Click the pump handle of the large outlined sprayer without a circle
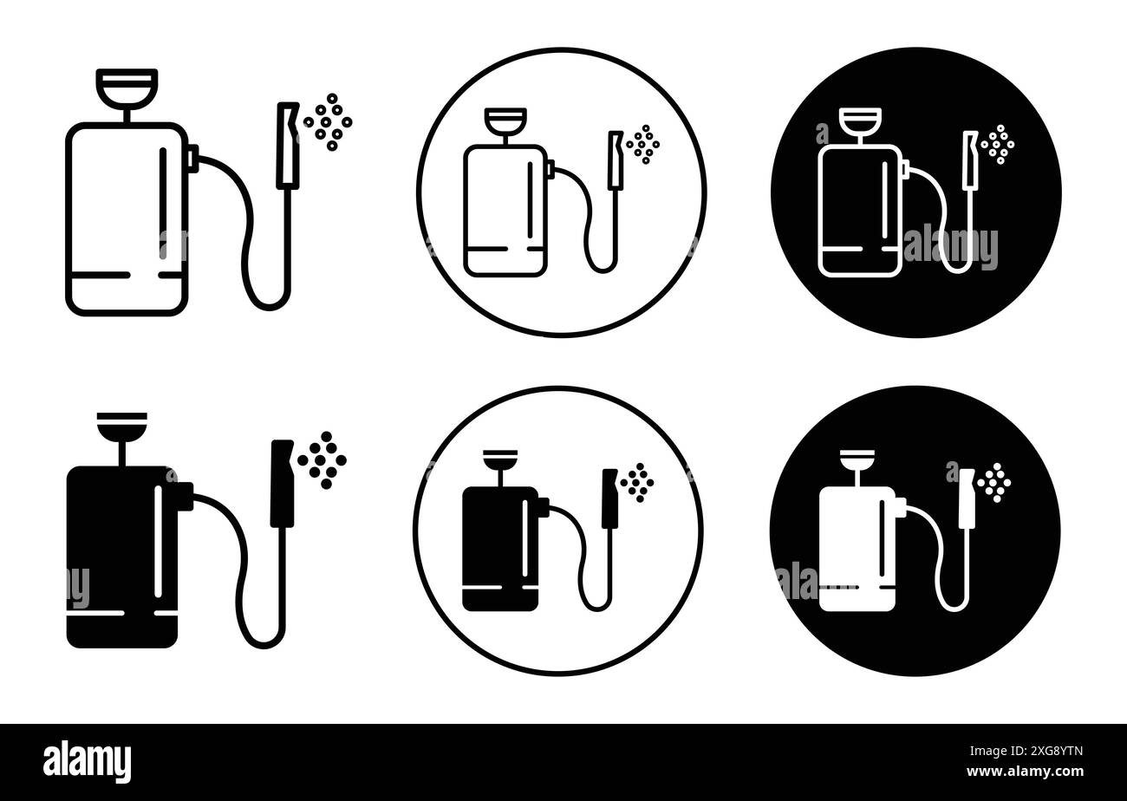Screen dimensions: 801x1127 click(x=127, y=84)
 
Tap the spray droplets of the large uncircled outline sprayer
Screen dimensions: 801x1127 click(x=329, y=122)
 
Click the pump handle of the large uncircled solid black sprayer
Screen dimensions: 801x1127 click(x=122, y=425)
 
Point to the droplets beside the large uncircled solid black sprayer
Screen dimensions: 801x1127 click(x=322, y=459)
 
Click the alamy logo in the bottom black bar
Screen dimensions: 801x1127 click(x=87, y=762)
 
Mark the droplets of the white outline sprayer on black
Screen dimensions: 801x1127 click(x=998, y=144)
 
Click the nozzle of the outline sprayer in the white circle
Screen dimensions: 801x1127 click(x=616, y=160)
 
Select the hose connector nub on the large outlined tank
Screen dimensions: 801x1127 click(x=192, y=156)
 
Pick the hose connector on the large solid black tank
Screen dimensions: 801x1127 click(x=184, y=496)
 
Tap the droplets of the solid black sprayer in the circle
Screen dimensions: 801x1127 click(x=637, y=482)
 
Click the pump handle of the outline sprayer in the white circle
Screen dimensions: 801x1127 click(x=505, y=119)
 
